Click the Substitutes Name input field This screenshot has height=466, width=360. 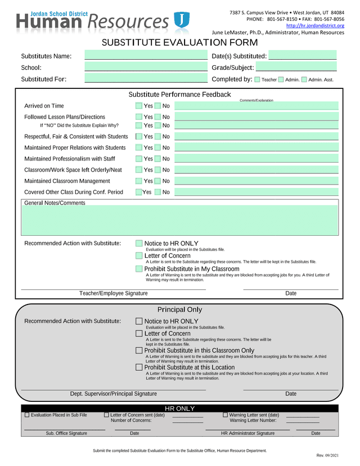point(146,56)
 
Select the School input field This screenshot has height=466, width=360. point(146,68)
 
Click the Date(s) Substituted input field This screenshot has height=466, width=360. point(302,56)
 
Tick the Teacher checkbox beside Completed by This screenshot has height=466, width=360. point(258,80)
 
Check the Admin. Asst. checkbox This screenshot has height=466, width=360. point(304,80)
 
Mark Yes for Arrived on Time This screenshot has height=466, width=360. point(139,106)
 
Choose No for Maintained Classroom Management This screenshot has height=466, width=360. point(157,181)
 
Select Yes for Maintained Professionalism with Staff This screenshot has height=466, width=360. point(139,159)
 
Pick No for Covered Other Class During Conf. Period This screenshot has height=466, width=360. point(157,192)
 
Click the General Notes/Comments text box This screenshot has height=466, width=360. point(180,220)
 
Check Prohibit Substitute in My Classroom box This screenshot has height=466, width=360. point(139,269)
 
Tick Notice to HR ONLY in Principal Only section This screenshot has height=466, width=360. point(139,321)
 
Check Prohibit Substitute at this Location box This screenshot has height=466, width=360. point(139,368)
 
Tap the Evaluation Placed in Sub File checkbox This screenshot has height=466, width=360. point(27,415)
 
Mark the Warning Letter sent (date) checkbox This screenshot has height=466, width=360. point(225,415)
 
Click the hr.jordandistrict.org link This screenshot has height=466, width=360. point(315,25)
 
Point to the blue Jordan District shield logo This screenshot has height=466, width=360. point(181,20)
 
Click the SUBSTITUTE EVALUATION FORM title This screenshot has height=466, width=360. point(179,43)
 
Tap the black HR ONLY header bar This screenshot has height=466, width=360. point(179,408)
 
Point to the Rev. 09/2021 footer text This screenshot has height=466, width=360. point(327,455)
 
